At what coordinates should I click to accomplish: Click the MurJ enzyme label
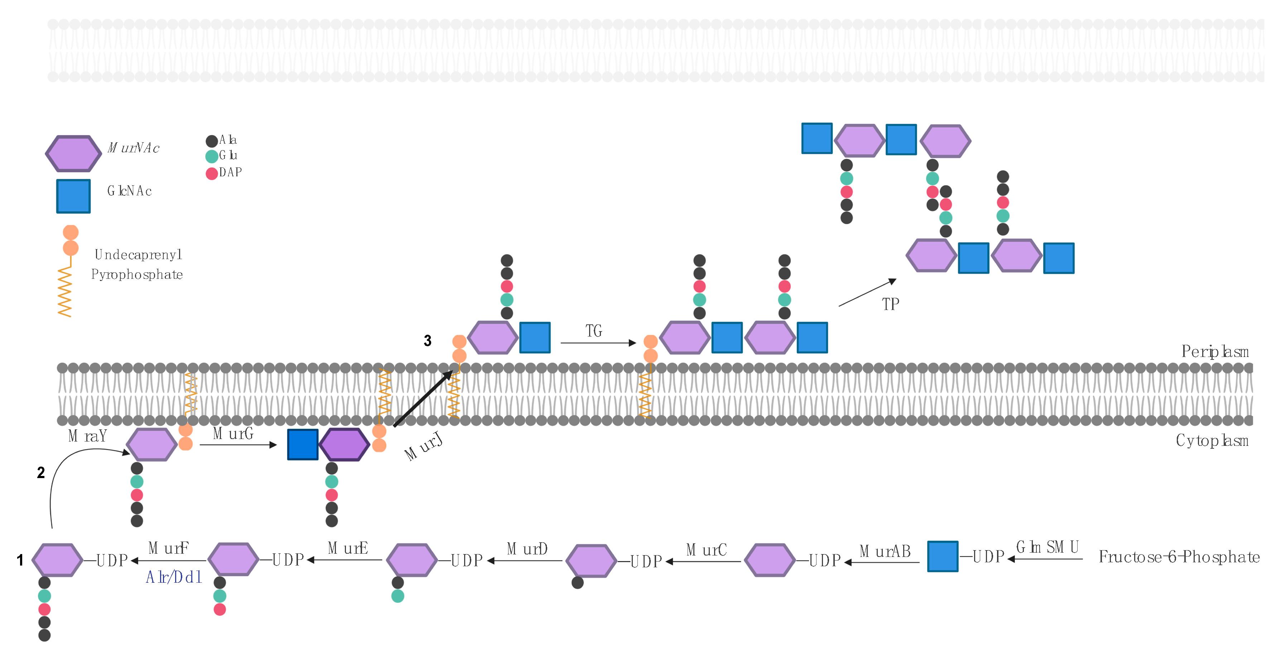(x=423, y=447)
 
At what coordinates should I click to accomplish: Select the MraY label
(x=87, y=436)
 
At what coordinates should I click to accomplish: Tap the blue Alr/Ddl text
(x=174, y=577)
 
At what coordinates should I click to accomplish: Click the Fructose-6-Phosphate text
(x=1179, y=557)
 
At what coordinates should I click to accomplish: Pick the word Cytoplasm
(x=1212, y=440)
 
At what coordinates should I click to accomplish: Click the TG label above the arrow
(x=594, y=331)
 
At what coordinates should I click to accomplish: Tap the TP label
(x=890, y=304)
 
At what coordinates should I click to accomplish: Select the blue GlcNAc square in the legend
(x=73, y=196)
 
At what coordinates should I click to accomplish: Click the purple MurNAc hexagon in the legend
(x=73, y=153)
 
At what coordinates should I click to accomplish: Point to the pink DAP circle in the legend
(x=211, y=173)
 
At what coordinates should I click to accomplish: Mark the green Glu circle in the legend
(x=211, y=156)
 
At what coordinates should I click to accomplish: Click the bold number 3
(x=427, y=340)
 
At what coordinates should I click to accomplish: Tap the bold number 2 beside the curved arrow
(x=41, y=472)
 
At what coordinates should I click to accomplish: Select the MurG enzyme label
(x=233, y=434)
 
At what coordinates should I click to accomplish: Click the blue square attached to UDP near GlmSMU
(x=942, y=557)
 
